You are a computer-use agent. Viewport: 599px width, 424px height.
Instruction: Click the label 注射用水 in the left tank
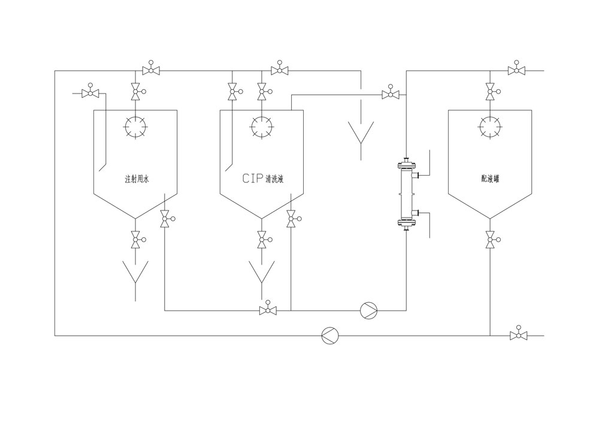coord(135,179)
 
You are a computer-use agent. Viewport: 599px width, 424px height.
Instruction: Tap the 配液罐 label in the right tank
coord(490,179)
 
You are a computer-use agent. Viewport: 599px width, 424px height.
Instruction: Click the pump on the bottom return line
coord(330,335)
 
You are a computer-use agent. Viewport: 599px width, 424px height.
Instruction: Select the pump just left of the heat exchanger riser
coord(368,310)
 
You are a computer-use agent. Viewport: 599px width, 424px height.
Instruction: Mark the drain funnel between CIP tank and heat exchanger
coord(361,133)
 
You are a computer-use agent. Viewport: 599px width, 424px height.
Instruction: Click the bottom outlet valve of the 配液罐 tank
coord(490,240)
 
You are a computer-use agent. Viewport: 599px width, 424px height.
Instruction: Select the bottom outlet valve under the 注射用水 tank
coord(135,240)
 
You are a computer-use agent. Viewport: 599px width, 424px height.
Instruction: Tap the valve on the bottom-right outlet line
coord(516,335)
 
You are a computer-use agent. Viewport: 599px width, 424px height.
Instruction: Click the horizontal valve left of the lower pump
coord(268,310)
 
